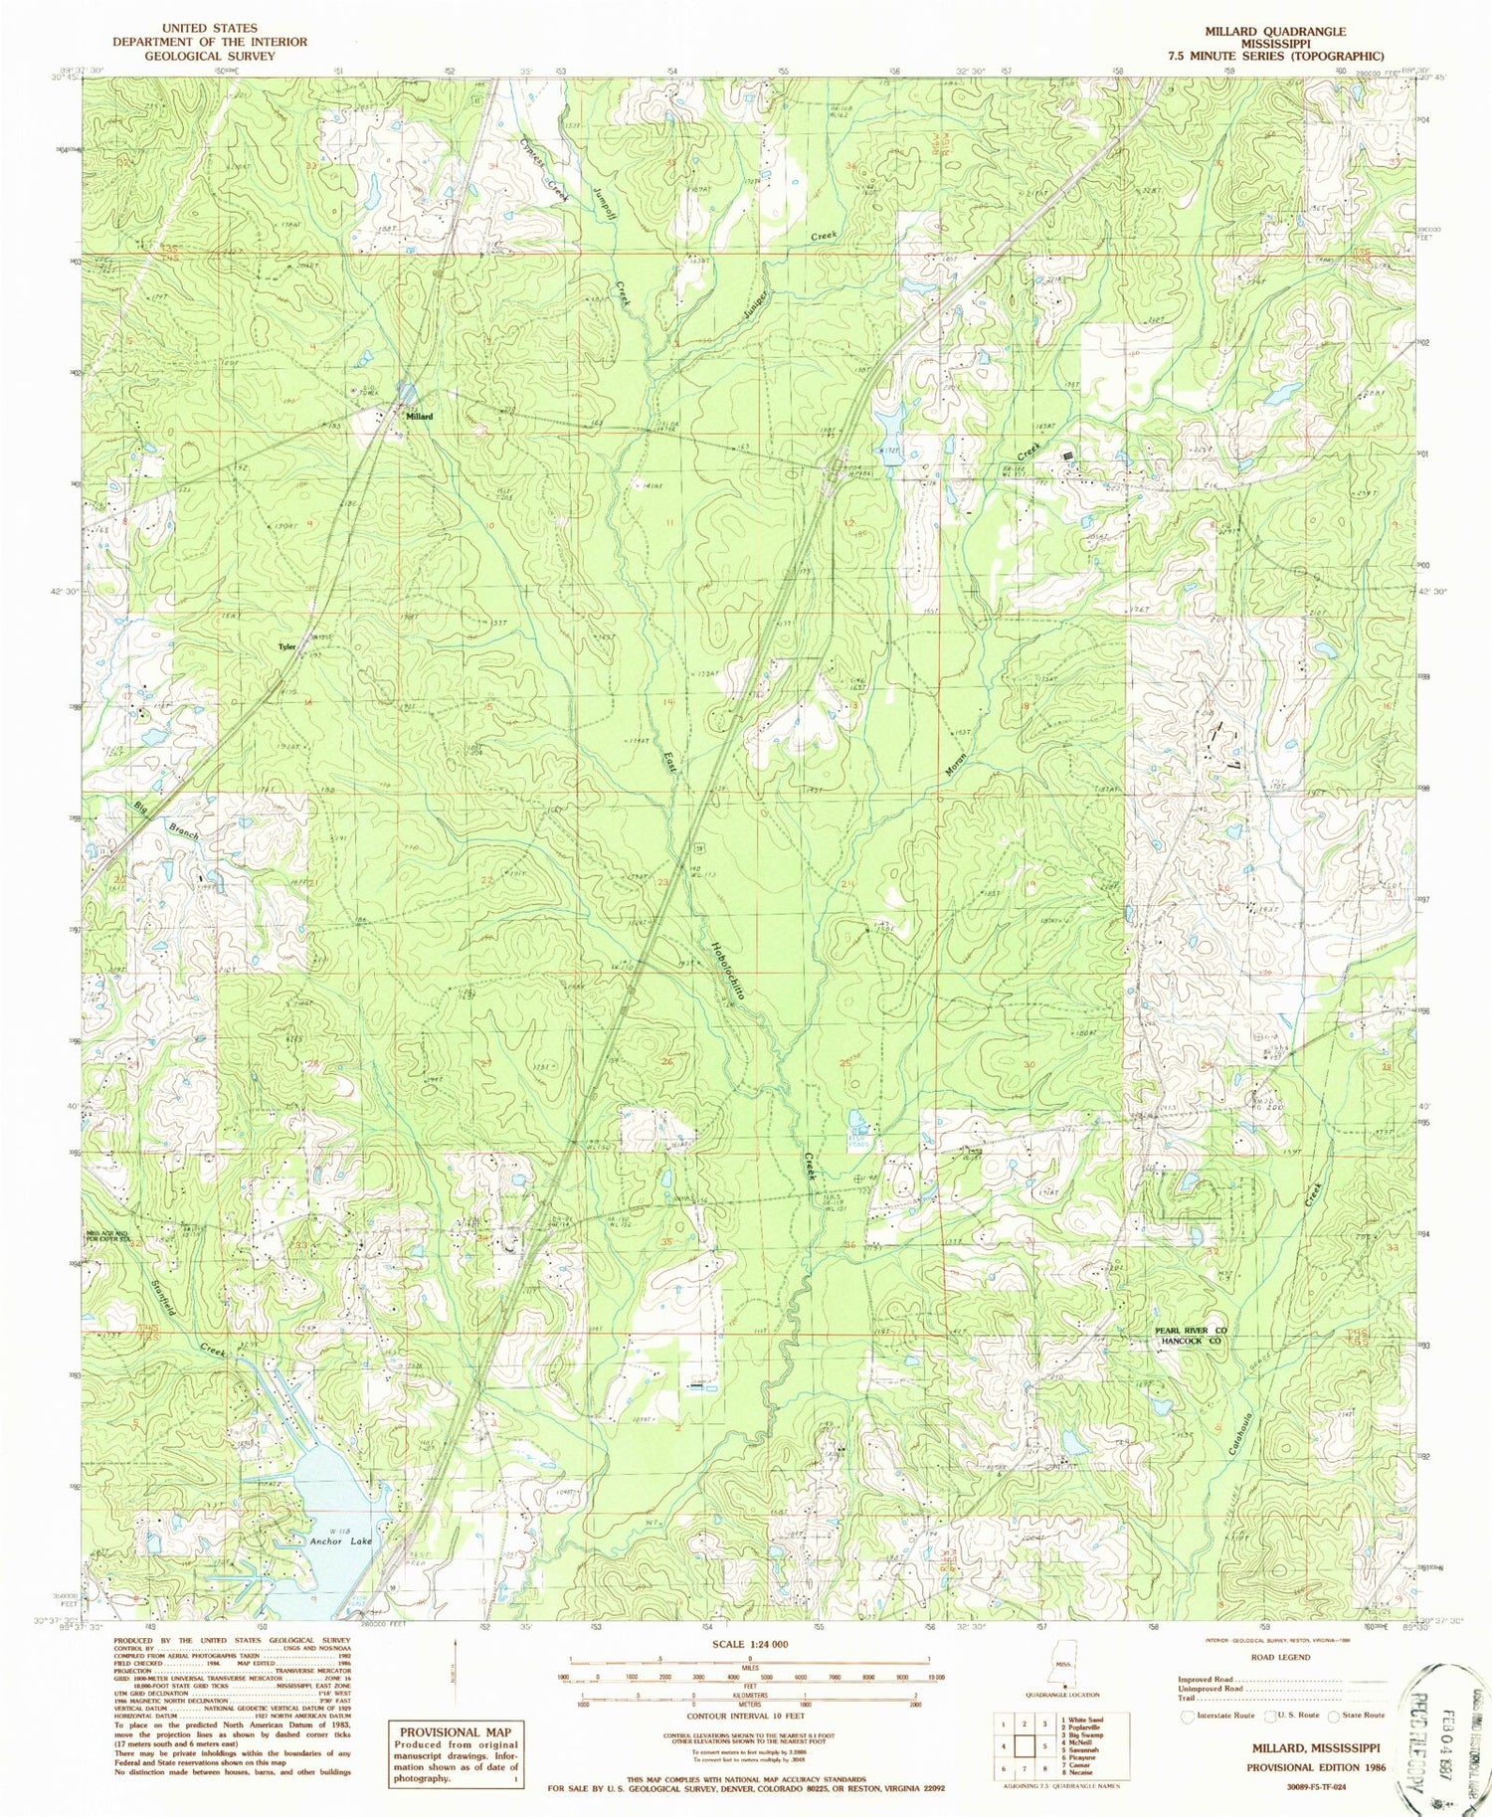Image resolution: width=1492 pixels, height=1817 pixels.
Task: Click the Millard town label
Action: (418, 417)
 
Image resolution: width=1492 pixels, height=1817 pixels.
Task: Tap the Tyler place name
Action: (286, 646)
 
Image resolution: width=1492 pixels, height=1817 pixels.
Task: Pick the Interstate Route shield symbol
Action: (1187, 1716)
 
